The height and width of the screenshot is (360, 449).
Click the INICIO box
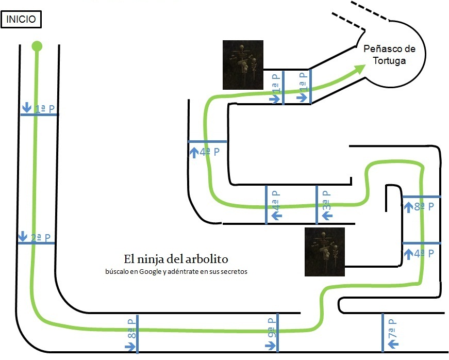pos(21,20)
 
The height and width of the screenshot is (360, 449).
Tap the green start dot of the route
pos(37,46)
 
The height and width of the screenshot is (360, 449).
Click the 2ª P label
pos(41,238)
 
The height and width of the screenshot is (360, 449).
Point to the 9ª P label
pos(271,327)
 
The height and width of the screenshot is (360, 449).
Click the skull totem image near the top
pos(243,64)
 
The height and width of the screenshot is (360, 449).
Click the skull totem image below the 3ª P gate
pos(325,252)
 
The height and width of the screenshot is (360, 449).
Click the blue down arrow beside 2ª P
pos(22,236)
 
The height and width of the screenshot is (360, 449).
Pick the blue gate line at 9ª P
pos(278,333)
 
